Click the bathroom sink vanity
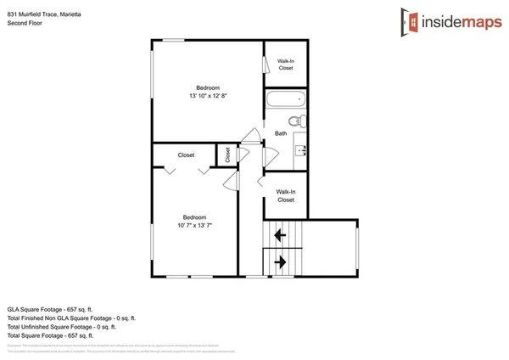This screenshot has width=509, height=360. coord(299,151)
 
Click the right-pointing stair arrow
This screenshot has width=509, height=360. coord(279,262)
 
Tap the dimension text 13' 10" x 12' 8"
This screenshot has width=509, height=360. coord(208,96)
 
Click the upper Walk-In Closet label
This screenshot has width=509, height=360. coord(286,65)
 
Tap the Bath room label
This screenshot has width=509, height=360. coord(281,133)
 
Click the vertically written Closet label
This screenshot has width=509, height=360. coord(227,155)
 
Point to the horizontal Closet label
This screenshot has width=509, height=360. coord(186,155)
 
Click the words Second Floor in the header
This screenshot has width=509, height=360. coord(25,23)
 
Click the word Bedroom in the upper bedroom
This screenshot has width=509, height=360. coord(208,87)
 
